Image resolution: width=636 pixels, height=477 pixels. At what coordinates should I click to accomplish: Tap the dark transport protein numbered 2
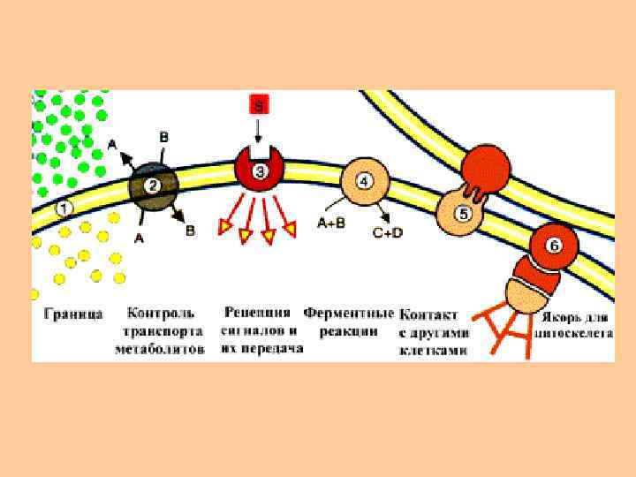(x=153, y=186)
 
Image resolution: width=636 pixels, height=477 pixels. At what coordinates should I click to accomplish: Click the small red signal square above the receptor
(x=259, y=104)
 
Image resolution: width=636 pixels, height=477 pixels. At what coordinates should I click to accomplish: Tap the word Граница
(x=73, y=314)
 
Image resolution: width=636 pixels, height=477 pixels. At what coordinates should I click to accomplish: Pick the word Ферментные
(x=348, y=314)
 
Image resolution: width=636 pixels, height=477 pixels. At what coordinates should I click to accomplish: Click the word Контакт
(x=429, y=315)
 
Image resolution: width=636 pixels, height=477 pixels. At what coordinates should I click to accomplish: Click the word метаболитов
(x=160, y=349)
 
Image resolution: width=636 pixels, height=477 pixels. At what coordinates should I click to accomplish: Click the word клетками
(x=434, y=350)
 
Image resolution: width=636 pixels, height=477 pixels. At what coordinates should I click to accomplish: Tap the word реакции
(x=350, y=331)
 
